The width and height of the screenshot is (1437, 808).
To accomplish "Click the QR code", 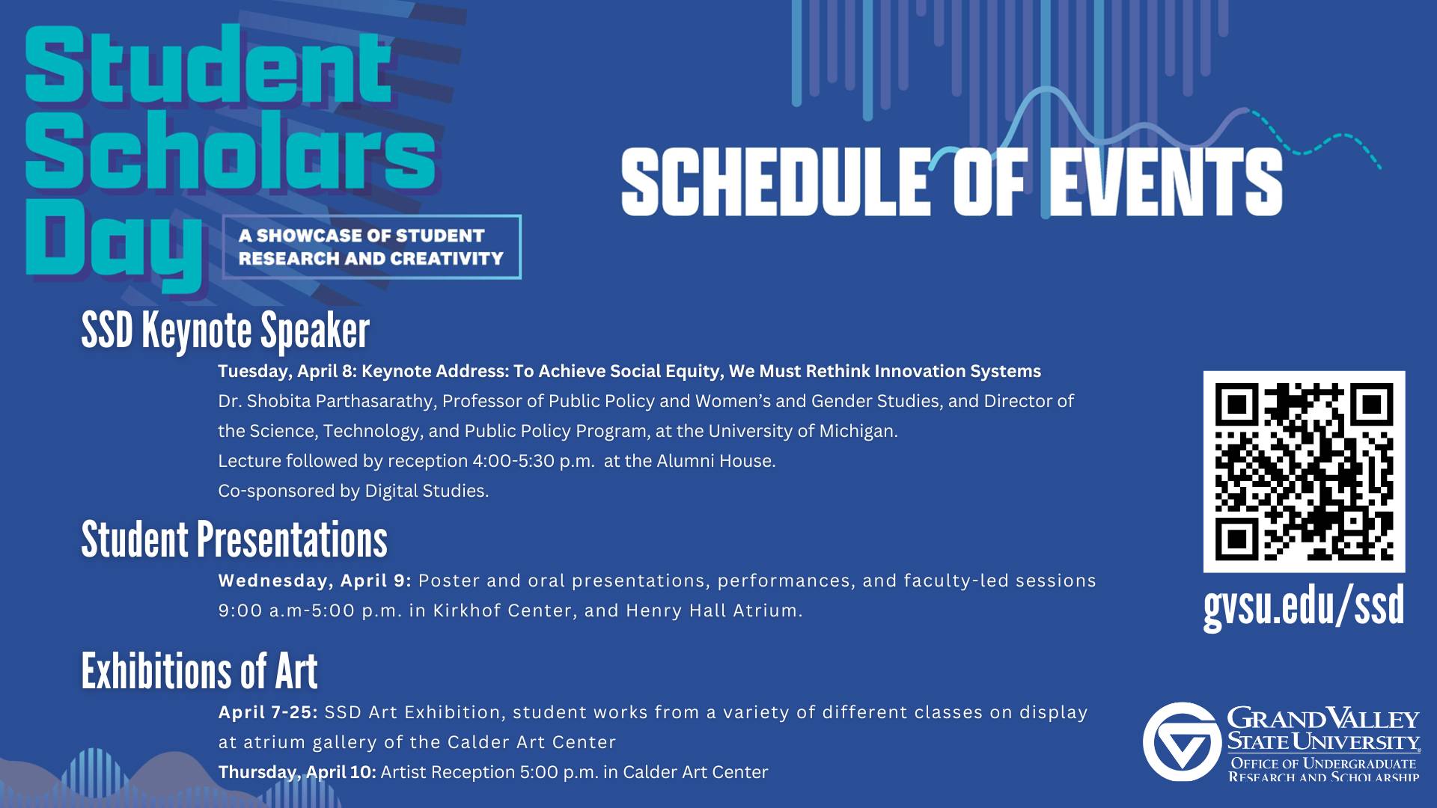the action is (1304, 471).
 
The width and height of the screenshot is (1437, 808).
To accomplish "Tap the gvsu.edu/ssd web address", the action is (1304, 606).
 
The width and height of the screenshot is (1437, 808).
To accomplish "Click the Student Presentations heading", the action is (234, 539).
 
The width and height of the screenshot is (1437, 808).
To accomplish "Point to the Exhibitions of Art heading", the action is (199, 670).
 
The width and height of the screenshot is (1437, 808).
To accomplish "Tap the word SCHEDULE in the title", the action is (773, 181).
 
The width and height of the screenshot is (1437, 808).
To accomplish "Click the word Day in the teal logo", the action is (113, 243).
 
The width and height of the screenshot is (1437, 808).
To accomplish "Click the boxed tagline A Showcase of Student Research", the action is (371, 247).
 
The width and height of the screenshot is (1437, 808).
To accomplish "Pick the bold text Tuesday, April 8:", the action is (287, 371).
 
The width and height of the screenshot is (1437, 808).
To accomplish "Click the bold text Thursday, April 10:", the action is (297, 772).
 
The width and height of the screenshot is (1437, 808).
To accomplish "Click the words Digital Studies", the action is (427, 491).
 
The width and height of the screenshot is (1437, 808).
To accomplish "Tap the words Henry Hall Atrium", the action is (714, 610).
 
